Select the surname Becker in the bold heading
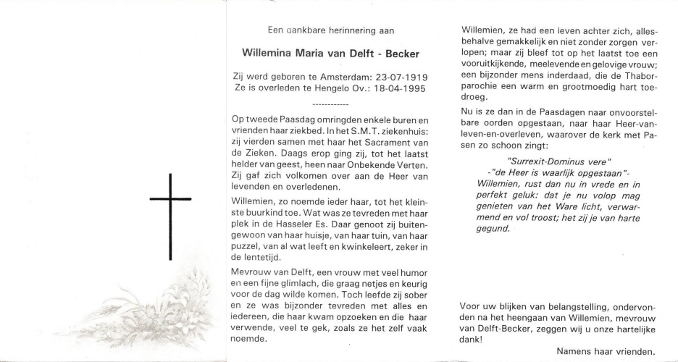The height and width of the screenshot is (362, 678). click(399, 54)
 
